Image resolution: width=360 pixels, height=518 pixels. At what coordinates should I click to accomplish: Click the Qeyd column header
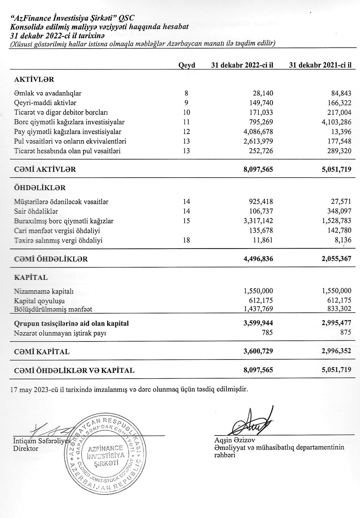click(x=186, y=65)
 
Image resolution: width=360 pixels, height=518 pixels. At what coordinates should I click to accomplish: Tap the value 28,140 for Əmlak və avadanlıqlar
click(x=263, y=93)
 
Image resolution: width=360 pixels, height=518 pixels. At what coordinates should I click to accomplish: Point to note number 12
click(x=186, y=132)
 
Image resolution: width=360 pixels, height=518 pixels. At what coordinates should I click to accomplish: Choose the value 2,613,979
click(x=258, y=141)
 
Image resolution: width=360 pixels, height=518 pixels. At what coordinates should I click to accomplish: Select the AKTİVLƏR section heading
click(x=34, y=79)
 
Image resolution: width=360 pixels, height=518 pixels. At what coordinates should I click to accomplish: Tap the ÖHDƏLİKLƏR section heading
click(x=40, y=188)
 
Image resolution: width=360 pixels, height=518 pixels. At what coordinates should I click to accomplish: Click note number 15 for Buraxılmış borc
click(x=186, y=221)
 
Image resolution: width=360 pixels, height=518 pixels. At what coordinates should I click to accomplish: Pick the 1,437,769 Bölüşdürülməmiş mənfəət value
click(x=258, y=308)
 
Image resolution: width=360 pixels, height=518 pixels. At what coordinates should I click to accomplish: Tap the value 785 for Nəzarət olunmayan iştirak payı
click(x=267, y=332)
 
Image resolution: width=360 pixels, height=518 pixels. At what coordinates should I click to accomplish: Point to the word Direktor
click(x=26, y=448)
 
